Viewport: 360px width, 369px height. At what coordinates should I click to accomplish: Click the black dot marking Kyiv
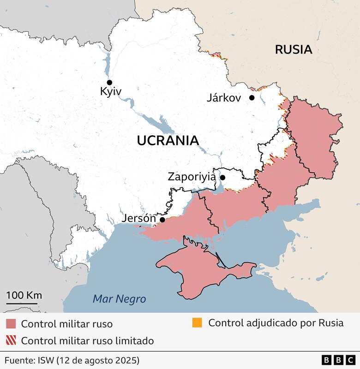[x=109, y=82]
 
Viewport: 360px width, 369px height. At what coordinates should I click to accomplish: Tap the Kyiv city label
[x=111, y=92]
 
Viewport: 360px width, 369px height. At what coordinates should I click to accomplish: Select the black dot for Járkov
[x=252, y=98]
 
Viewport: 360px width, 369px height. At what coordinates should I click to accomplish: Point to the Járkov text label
[x=224, y=98]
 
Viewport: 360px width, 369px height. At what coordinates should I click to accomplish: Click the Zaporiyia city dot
[x=222, y=178]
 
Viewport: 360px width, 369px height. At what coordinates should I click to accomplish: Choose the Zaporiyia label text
[x=192, y=177]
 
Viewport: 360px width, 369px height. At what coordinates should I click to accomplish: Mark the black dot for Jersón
[x=162, y=220]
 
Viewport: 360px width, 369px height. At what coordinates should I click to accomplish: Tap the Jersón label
[x=139, y=219]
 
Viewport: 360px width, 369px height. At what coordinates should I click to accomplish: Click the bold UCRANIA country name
[x=168, y=141]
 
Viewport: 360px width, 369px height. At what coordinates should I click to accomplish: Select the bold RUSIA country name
[x=294, y=50]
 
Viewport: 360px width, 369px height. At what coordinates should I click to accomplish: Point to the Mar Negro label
[x=119, y=299]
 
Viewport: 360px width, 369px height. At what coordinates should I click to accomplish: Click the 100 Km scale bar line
[x=24, y=304]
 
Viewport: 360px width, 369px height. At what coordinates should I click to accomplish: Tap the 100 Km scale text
[x=24, y=295]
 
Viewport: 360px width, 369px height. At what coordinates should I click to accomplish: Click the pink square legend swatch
[x=12, y=324]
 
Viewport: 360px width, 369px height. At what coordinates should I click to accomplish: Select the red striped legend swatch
[x=12, y=341]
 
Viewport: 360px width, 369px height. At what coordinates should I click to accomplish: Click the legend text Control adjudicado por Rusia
[x=276, y=323]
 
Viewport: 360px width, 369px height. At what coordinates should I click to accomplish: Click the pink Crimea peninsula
[x=198, y=272]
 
